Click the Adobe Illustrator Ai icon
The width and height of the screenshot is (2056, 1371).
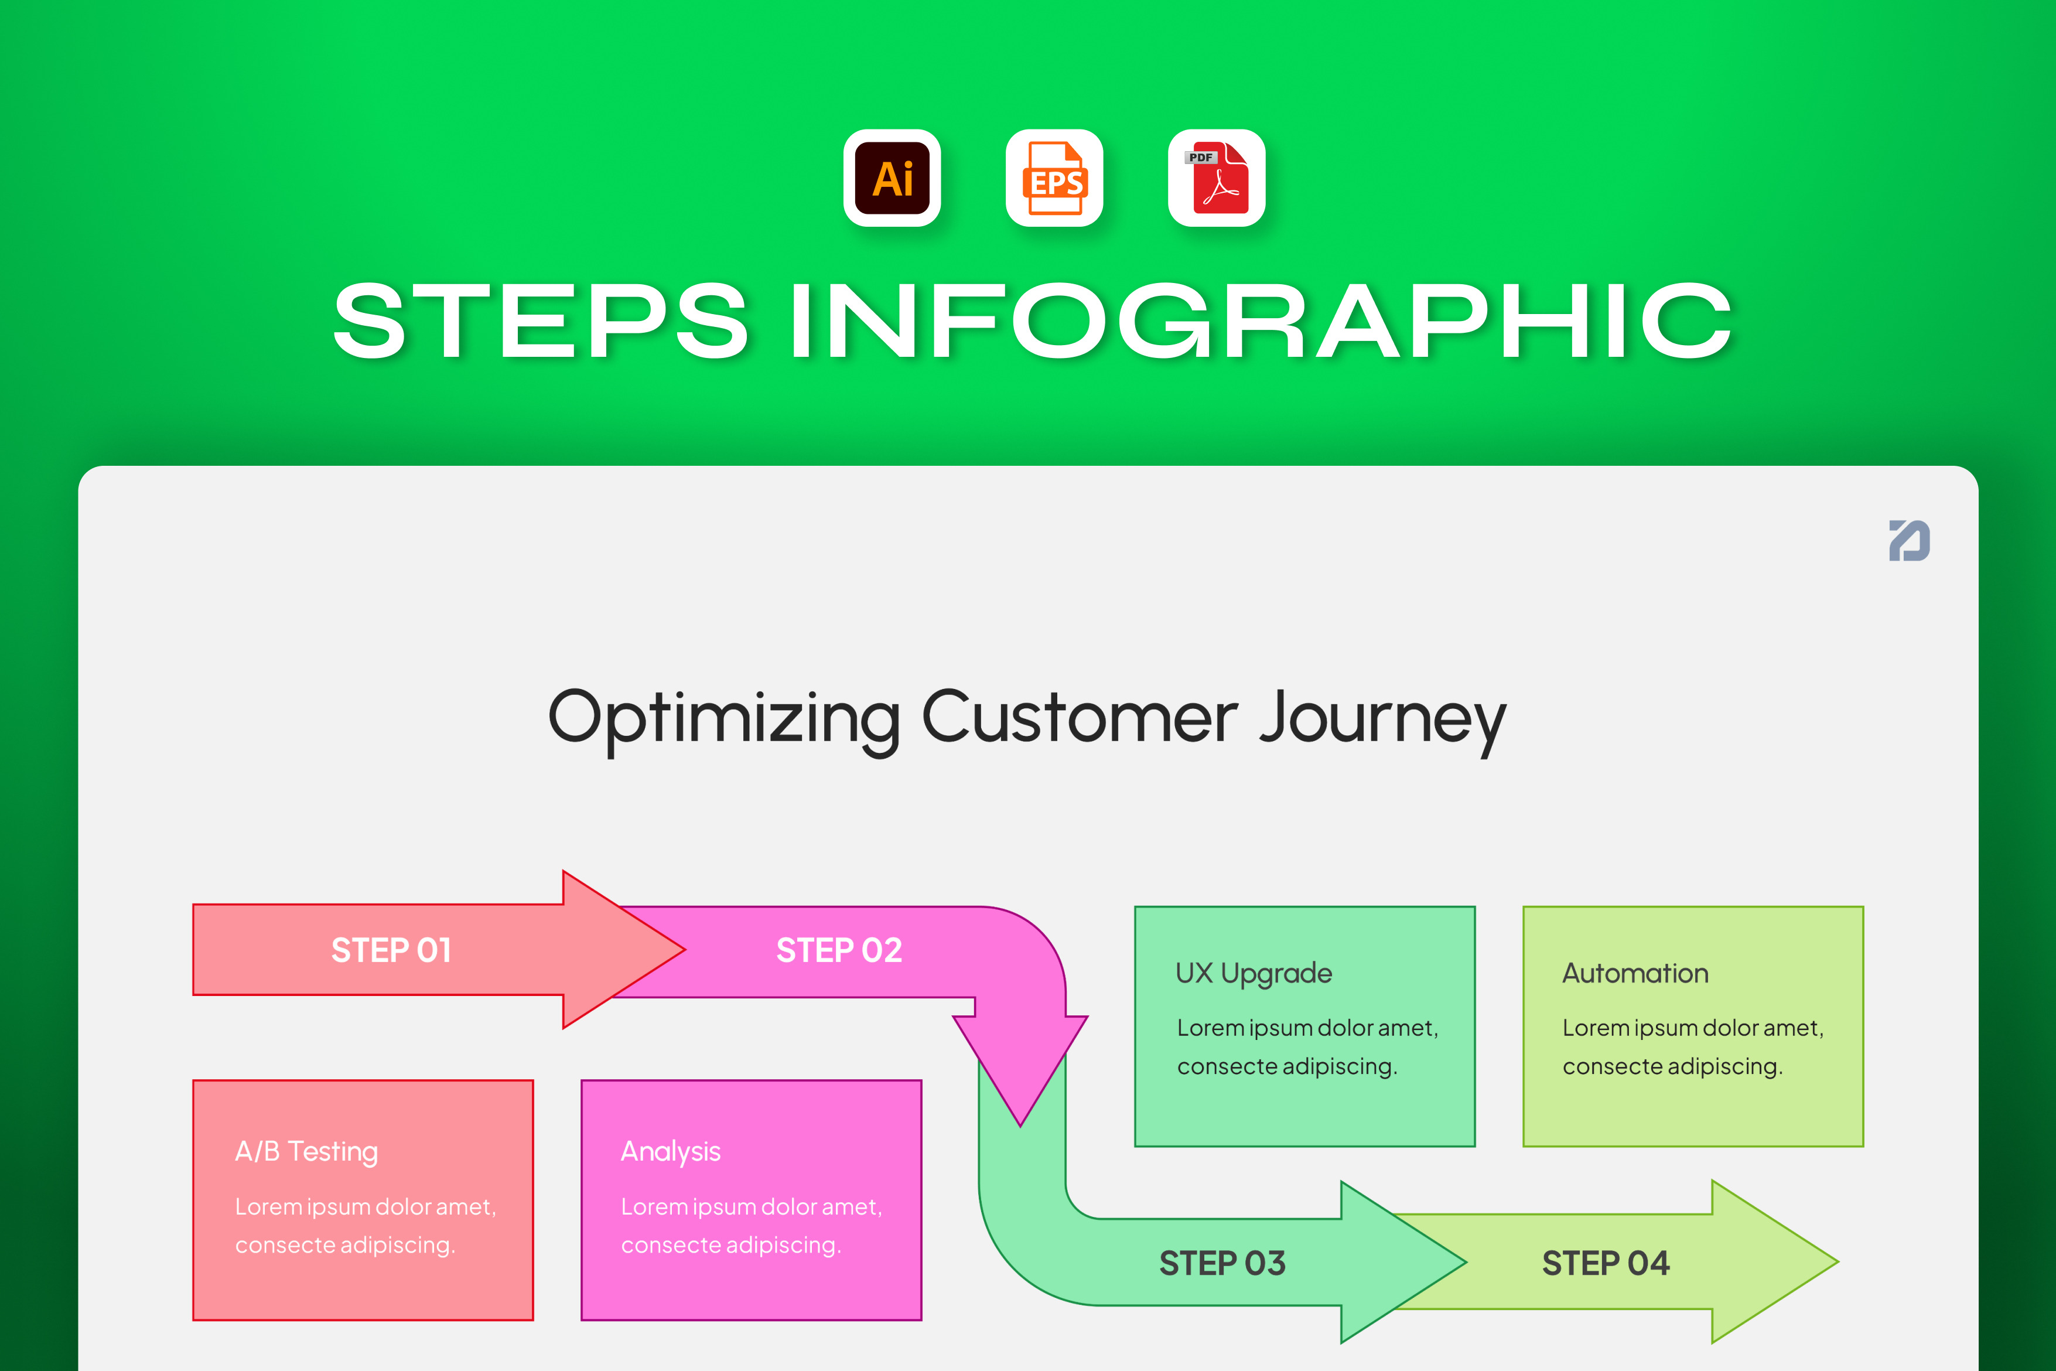coord(892,178)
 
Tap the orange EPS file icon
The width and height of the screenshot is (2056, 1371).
coord(1054,178)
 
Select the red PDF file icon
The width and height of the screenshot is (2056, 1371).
coord(1217,178)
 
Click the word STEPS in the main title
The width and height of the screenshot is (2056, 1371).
coord(541,321)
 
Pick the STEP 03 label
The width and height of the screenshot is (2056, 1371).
coord(1222,1263)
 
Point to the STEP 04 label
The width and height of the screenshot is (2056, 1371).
coord(1606,1263)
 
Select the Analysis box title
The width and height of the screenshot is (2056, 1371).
coord(671,1151)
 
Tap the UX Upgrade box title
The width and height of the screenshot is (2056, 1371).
coord(1254,973)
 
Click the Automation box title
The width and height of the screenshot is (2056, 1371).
coord(1635,973)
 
